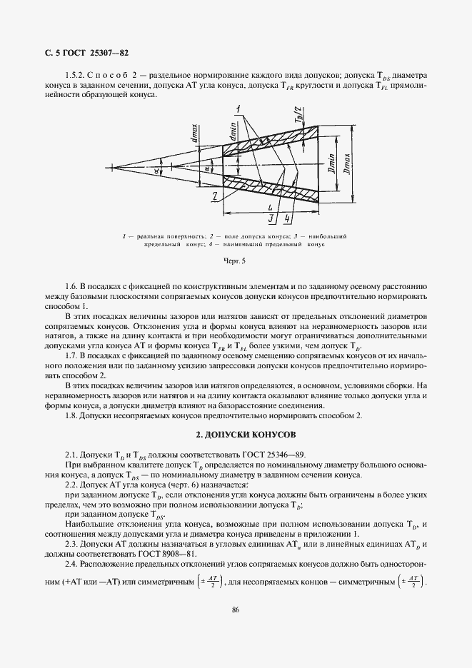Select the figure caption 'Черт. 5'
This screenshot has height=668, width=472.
coord(234,261)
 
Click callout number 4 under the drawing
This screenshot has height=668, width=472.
coord(286,218)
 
